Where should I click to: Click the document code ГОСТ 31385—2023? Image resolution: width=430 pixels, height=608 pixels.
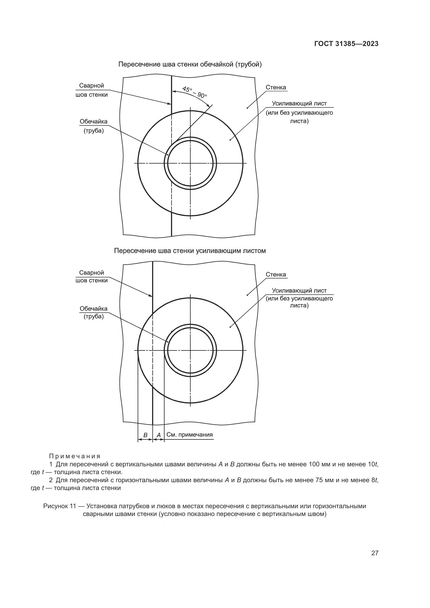(x=346, y=44)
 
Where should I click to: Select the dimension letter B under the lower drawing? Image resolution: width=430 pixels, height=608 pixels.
(x=145, y=435)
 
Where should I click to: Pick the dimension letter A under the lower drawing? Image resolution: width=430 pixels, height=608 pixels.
(x=159, y=435)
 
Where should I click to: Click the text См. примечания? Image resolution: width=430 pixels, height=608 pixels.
(x=190, y=435)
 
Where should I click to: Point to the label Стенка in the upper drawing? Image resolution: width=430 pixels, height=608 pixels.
(x=276, y=87)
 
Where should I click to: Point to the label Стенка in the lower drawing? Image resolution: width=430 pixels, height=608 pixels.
(x=276, y=274)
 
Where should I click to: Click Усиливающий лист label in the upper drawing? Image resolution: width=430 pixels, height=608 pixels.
(x=299, y=103)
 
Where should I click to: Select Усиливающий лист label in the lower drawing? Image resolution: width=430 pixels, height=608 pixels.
(x=299, y=291)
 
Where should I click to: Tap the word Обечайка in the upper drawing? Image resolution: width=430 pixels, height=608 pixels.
(x=94, y=122)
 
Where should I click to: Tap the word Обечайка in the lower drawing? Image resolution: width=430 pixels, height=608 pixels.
(x=94, y=309)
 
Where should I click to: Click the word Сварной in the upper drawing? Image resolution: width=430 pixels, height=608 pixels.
(x=92, y=86)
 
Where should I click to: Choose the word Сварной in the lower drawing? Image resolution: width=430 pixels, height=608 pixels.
(x=92, y=272)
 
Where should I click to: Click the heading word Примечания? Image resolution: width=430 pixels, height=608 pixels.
(x=75, y=456)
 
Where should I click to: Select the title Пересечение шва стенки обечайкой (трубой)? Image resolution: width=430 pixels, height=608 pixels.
(x=190, y=64)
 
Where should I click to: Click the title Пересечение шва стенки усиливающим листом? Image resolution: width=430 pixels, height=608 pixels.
(x=190, y=251)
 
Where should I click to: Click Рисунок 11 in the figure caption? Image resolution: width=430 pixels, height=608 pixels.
(x=60, y=506)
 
